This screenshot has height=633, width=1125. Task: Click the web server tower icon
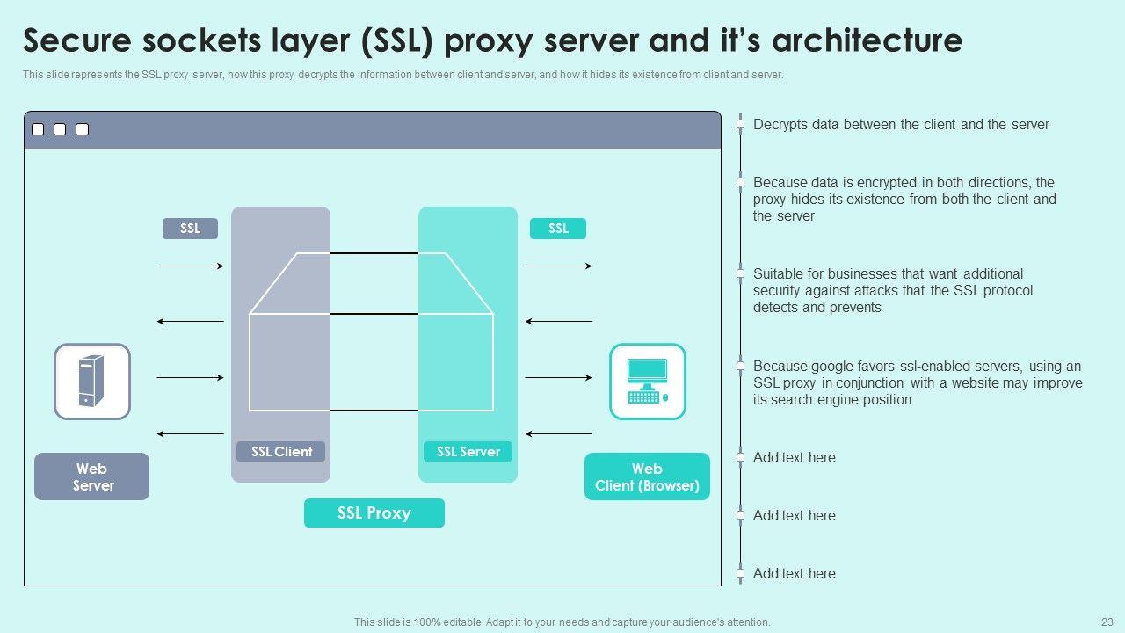(92, 382)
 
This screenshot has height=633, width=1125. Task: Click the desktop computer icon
(648, 382)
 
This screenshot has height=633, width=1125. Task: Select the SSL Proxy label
(374, 513)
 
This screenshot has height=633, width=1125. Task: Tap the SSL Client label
(280, 451)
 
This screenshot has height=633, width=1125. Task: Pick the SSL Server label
(468, 451)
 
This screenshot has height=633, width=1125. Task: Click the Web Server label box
(92, 477)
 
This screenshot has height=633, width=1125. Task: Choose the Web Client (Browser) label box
(648, 477)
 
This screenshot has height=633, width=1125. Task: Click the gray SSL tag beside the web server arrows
(191, 229)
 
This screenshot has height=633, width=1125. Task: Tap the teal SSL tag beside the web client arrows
(558, 229)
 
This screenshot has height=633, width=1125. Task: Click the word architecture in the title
(867, 40)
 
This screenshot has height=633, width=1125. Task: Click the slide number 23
(1107, 622)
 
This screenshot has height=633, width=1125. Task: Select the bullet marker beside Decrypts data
(740, 124)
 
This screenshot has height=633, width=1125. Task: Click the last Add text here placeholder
(794, 573)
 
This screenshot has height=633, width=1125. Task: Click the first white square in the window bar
(38, 129)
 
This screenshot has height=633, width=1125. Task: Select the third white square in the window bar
(83, 129)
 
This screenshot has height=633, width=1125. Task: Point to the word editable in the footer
(461, 622)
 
